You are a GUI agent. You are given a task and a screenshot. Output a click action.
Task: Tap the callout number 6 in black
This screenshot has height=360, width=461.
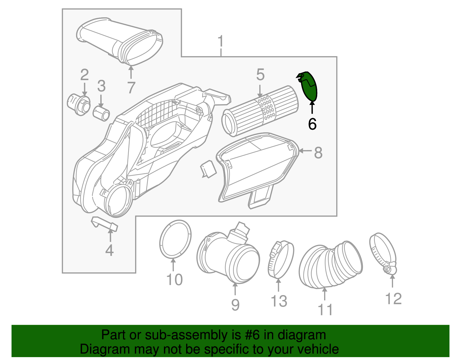312,124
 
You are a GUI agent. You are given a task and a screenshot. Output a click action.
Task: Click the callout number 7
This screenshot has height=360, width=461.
131,87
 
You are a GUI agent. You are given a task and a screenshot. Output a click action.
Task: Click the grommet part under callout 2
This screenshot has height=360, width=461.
78,104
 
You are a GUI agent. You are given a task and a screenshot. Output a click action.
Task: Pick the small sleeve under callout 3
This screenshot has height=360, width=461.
101,113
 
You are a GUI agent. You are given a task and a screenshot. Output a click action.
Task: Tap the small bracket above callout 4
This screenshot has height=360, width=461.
105,224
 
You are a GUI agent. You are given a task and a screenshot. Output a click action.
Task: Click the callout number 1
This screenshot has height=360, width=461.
221,42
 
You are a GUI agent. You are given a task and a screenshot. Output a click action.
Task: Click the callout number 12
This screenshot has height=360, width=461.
393,299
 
